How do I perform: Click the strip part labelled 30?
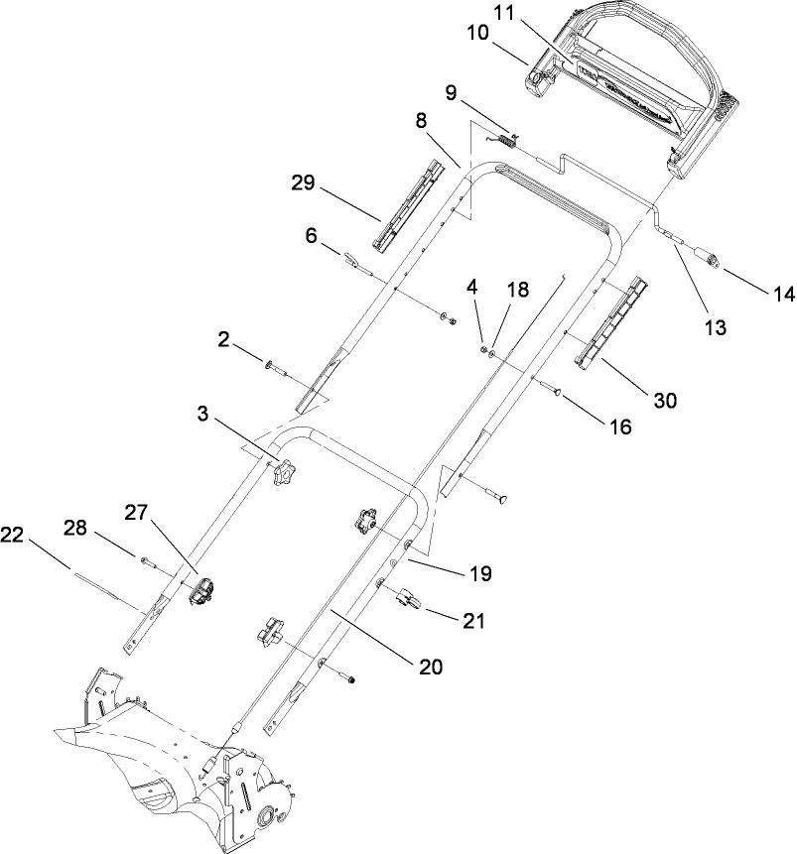609,325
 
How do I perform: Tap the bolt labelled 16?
556,390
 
